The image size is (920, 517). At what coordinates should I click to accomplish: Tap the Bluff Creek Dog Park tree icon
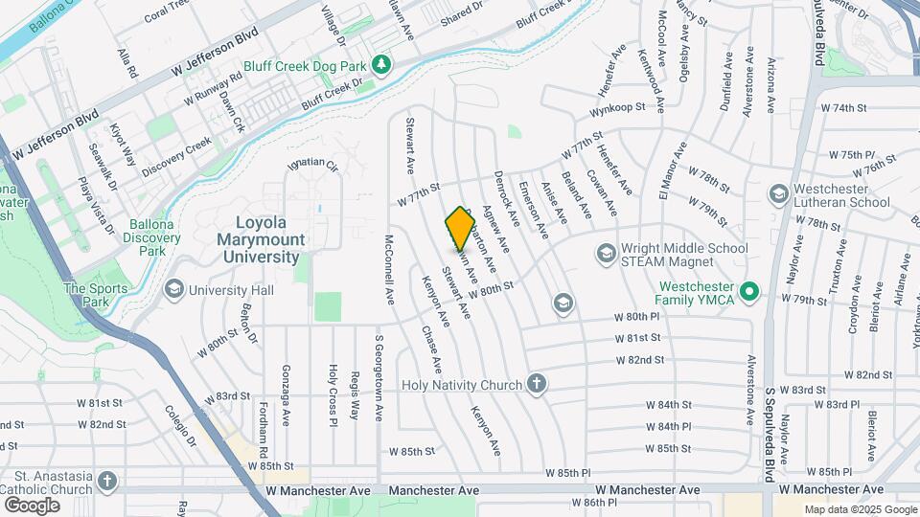click(x=383, y=63)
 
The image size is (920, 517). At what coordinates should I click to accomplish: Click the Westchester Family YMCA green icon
click(x=751, y=290)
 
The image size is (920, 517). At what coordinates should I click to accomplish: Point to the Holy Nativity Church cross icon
click(x=537, y=385)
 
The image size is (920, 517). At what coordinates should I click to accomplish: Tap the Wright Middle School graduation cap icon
click(x=606, y=254)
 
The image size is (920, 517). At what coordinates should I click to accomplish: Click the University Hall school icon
click(x=173, y=289)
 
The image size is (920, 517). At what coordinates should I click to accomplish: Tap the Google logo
click(x=31, y=505)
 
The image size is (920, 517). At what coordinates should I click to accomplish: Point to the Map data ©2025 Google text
click(x=861, y=509)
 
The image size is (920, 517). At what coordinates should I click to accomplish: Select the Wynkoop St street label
click(x=614, y=124)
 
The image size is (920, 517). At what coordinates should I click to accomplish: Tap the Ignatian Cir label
click(x=313, y=165)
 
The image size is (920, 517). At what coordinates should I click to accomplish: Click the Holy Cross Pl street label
click(x=333, y=393)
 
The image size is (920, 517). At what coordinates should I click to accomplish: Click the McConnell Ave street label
click(x=390, y=269)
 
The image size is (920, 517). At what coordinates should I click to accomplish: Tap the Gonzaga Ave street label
click(x=285, y=394)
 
